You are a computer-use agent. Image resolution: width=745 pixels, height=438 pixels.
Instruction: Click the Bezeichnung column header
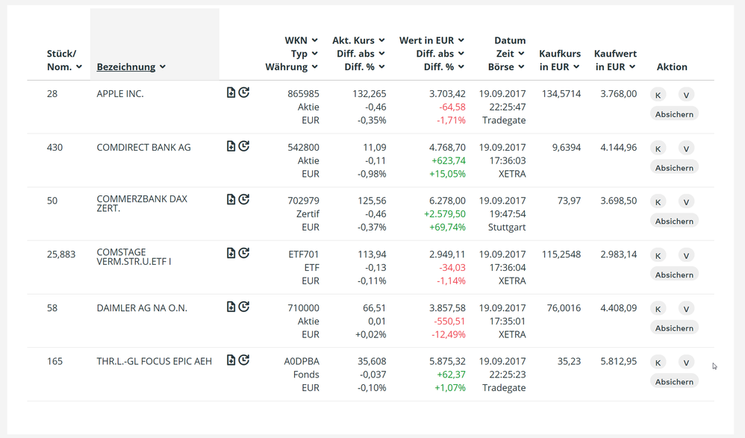126,67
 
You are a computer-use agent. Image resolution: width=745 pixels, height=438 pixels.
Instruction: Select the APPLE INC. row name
120,94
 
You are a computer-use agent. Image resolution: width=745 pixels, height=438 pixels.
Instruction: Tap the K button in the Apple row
658,95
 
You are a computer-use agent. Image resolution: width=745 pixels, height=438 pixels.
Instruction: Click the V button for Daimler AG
686,309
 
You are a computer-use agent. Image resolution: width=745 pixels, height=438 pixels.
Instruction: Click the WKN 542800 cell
303,148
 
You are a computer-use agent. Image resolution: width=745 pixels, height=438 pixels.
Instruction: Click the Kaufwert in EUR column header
614,60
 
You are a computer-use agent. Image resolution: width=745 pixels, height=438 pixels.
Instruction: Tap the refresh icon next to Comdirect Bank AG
244,146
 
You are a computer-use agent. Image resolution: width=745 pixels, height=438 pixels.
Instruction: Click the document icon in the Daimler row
231,307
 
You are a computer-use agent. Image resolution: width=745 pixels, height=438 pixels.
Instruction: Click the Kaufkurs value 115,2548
561,254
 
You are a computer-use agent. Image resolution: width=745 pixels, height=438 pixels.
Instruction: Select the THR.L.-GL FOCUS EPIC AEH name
155,361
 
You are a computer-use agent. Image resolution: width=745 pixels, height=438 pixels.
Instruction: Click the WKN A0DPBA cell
302,362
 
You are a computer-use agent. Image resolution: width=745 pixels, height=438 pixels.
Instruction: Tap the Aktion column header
672,67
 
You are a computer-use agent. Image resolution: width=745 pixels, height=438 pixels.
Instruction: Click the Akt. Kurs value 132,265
369,94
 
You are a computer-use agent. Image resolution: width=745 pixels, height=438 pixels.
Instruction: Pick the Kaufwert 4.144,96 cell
618,148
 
